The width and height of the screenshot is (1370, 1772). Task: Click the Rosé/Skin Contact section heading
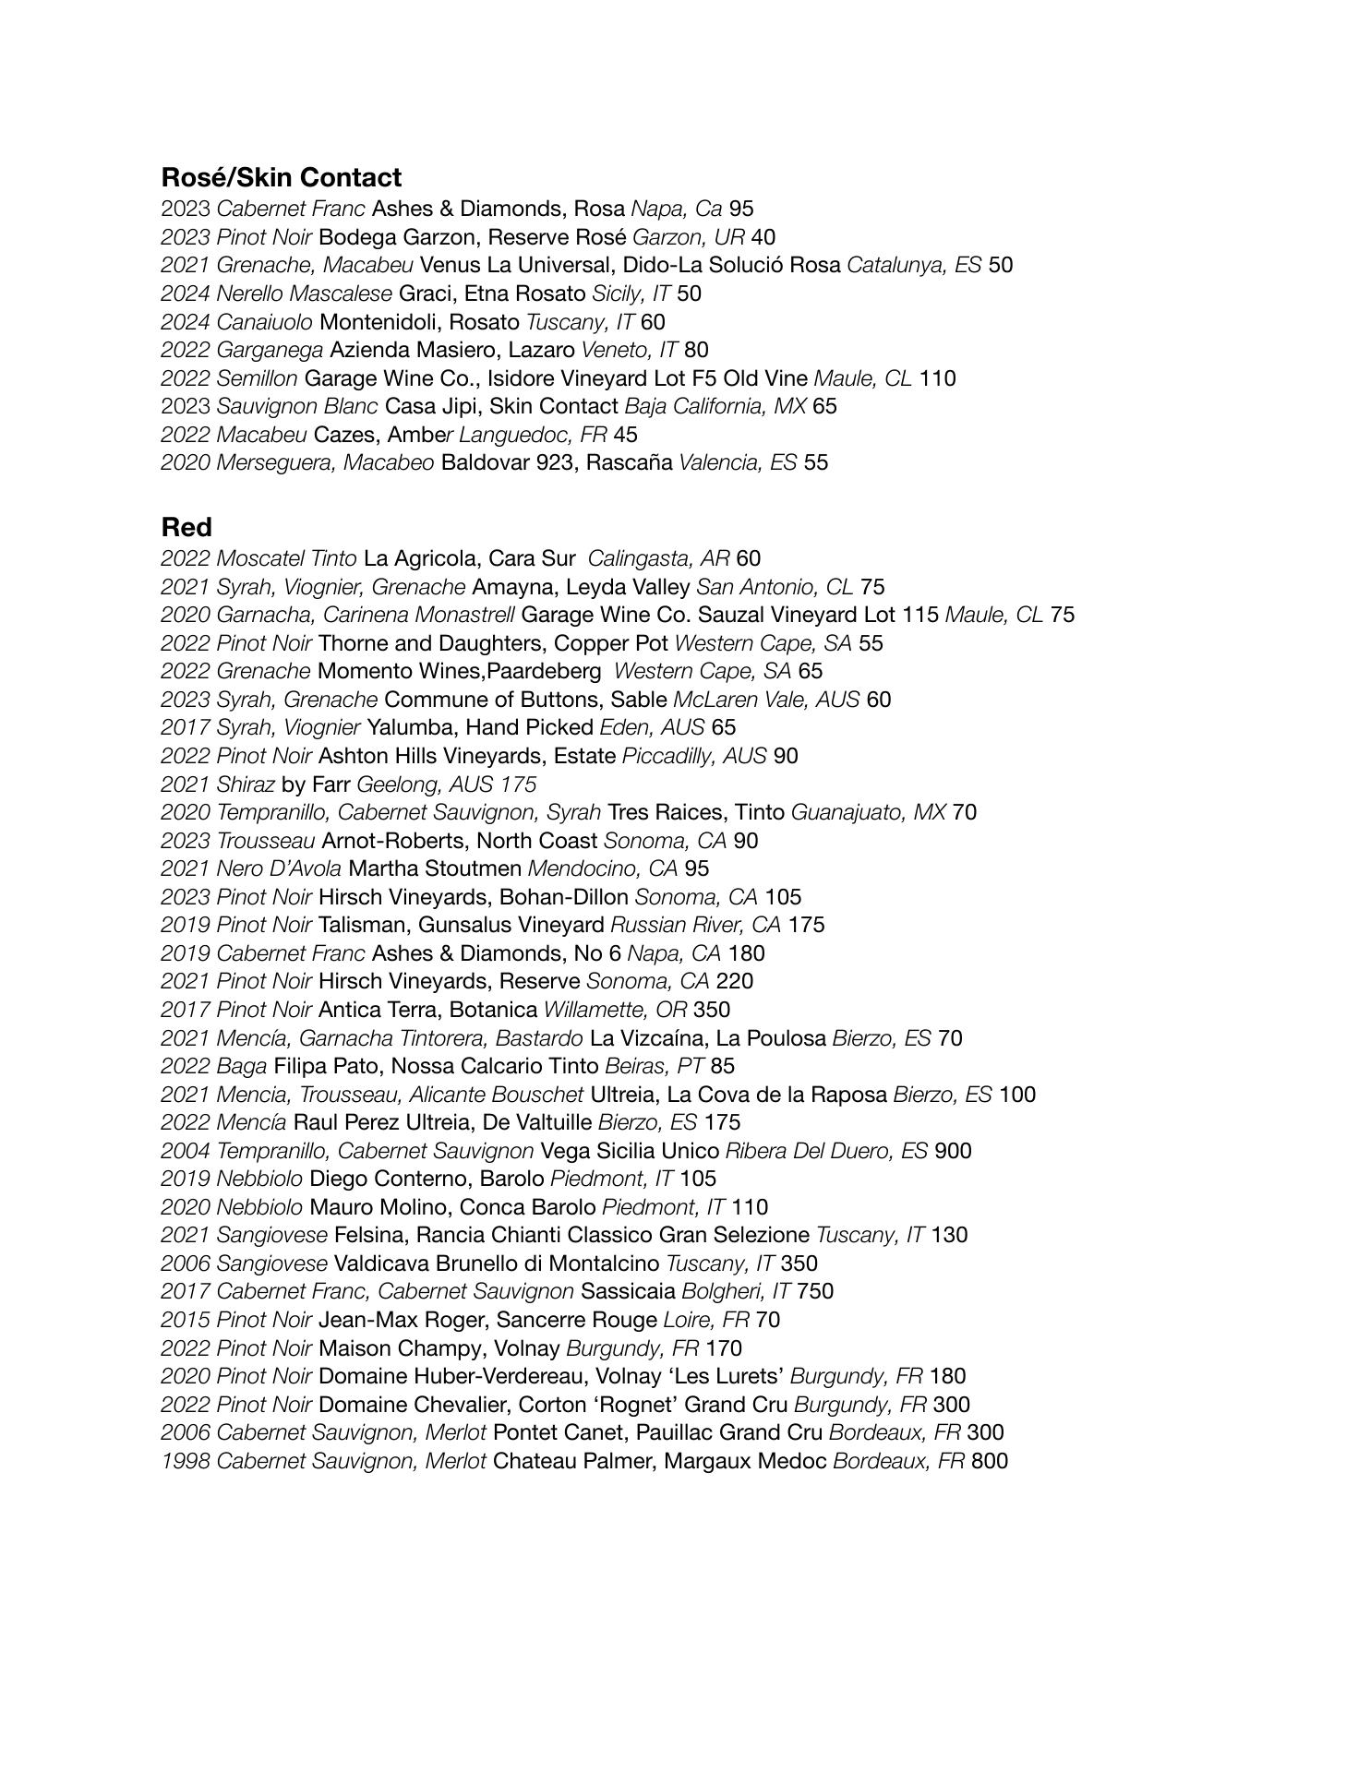281,177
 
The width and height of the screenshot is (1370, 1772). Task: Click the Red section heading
186,527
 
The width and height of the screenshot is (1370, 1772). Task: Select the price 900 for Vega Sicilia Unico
953,1151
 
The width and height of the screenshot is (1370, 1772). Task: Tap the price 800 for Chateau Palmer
990,1461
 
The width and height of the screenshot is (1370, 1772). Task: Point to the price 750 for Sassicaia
815,1291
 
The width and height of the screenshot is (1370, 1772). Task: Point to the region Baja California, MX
715,406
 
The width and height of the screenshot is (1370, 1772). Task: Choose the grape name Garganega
270,350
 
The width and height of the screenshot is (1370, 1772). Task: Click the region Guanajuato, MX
869,812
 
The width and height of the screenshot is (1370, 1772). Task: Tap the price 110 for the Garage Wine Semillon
937,378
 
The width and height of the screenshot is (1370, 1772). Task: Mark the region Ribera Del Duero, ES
826,1151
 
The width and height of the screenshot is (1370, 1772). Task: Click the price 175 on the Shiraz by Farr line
518,784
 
